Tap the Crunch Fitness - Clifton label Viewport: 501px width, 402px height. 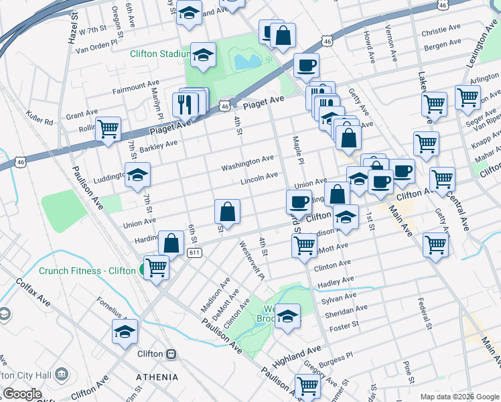click(x=87, y=271)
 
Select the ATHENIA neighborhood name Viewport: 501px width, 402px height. click(x=157, y=377)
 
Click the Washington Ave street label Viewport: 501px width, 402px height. click(x=248, y=161)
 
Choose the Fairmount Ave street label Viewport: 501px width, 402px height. click(x=136, y=88)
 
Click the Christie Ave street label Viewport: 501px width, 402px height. click(x=441, y=31)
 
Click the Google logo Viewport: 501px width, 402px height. click(x=22, y=394)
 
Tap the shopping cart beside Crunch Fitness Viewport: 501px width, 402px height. click(x=156, y=267)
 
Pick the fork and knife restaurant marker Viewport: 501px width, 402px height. click(x=185, y=104)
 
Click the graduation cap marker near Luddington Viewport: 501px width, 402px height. click(x=137, y=175)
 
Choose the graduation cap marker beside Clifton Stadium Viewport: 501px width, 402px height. click(x=203, y=56)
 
